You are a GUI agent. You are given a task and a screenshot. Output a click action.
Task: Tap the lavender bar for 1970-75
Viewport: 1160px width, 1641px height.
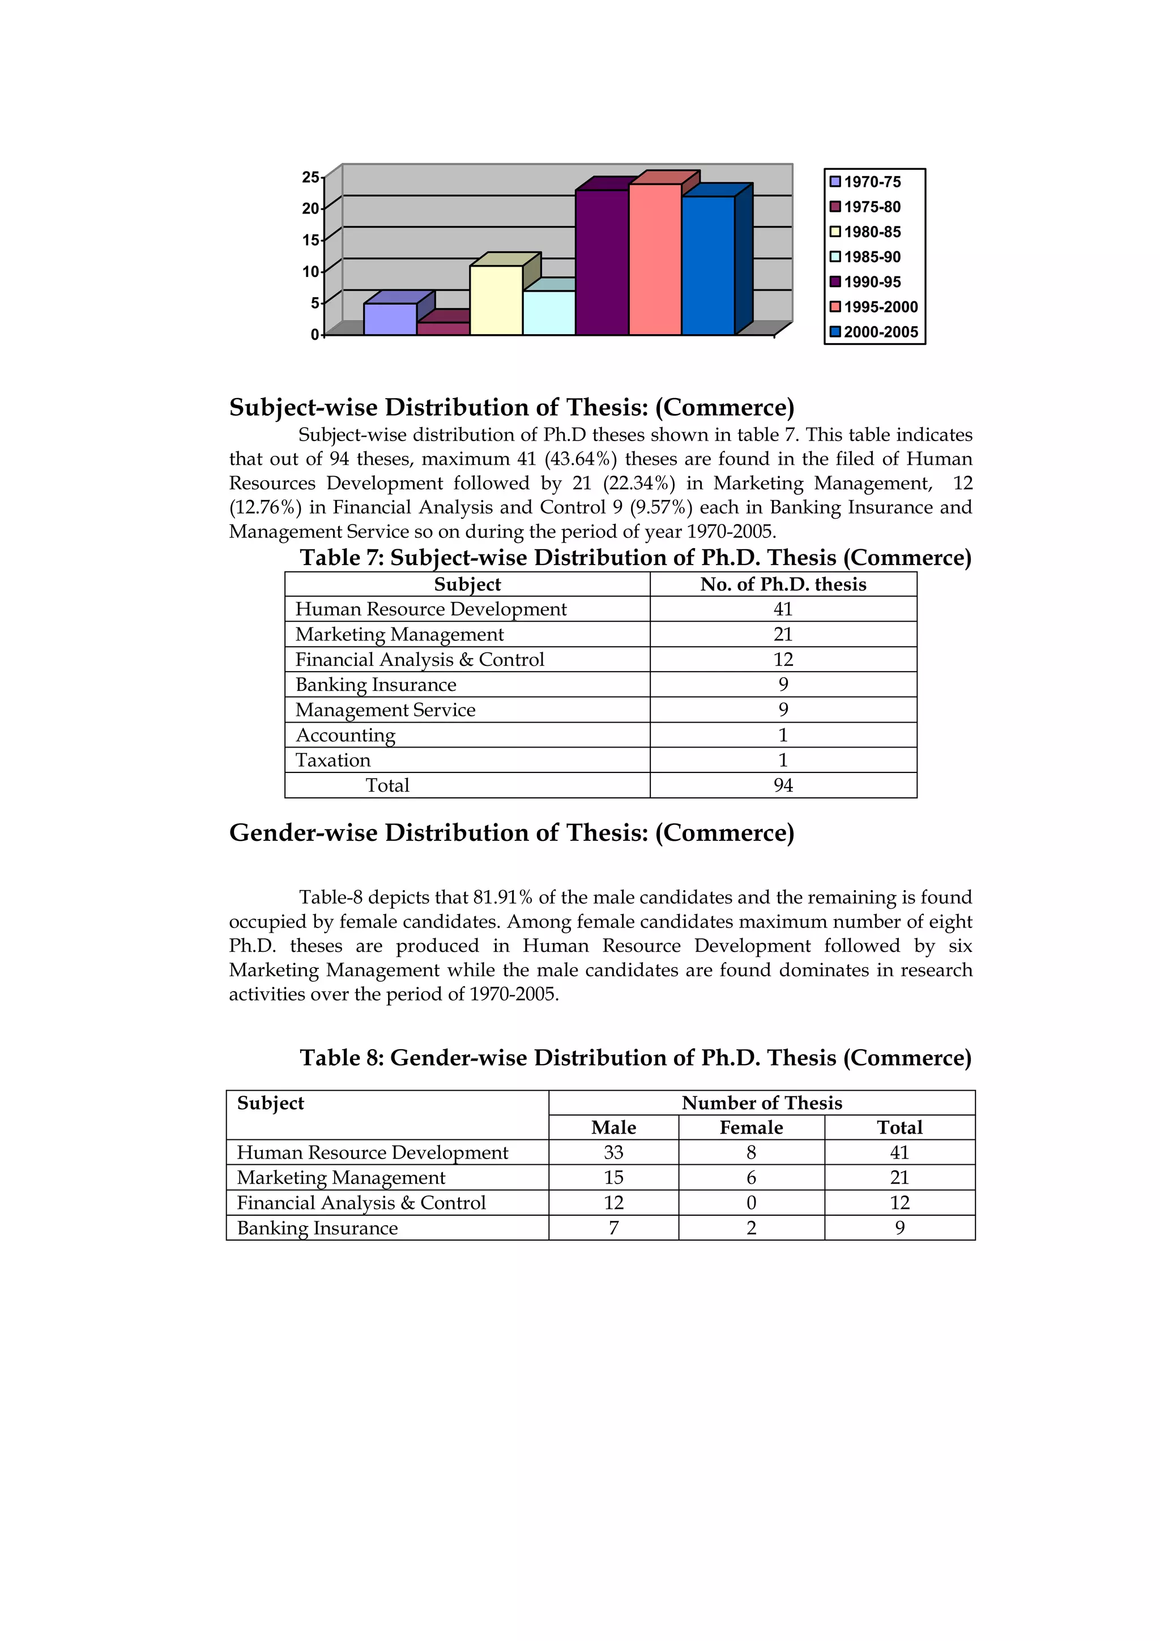390,319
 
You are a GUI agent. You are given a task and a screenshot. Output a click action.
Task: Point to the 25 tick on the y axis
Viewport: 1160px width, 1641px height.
310,177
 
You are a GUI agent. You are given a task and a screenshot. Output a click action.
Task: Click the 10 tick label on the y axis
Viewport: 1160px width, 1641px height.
310,272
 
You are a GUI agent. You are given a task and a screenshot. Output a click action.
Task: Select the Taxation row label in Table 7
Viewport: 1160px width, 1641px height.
333,760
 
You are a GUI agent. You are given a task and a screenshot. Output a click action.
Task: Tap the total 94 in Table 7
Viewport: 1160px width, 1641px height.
783,785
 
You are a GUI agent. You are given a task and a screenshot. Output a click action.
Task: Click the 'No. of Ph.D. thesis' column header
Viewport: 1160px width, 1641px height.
783,584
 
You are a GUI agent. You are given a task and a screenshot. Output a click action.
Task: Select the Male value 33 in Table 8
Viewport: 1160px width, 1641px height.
613,1152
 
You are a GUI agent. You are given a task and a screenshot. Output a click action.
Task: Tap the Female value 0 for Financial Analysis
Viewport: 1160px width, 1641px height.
750,1202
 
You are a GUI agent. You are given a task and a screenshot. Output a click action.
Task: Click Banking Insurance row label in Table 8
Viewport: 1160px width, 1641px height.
317,1227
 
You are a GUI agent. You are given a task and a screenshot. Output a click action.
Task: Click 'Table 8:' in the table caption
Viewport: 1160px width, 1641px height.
342,1057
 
